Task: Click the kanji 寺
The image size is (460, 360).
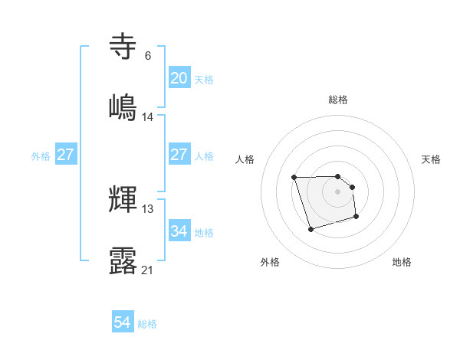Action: coord(123,47)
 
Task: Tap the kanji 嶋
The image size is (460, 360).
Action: coord(123,106)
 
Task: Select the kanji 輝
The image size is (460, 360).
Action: coord(123,198)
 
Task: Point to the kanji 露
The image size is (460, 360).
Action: coord(123,260)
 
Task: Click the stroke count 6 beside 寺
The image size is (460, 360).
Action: coord(147,56)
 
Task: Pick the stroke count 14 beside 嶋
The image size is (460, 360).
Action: coord(148,117)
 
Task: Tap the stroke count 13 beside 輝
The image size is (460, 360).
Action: coord(148,209)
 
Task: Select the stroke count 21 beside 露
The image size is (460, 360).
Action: coord(148,270)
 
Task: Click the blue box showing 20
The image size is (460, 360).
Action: coord(179,78)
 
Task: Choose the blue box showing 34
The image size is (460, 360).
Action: coord(179,231)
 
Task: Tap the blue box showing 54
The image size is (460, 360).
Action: coord(123,323)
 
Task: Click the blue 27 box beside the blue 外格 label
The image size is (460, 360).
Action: coord(66,155)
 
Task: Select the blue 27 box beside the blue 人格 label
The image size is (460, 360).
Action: coord(179,155)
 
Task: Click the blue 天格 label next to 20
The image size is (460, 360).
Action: coord(204,80)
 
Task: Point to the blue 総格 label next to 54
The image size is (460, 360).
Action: coord(147,324)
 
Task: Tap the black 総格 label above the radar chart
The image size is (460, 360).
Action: coord(338,100)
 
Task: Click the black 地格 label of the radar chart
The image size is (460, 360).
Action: coord(402,262)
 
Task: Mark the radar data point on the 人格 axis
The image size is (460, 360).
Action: coord(294,178)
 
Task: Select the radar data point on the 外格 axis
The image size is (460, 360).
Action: coord(310,229)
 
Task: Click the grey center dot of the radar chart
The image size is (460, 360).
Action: coord(338,191)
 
